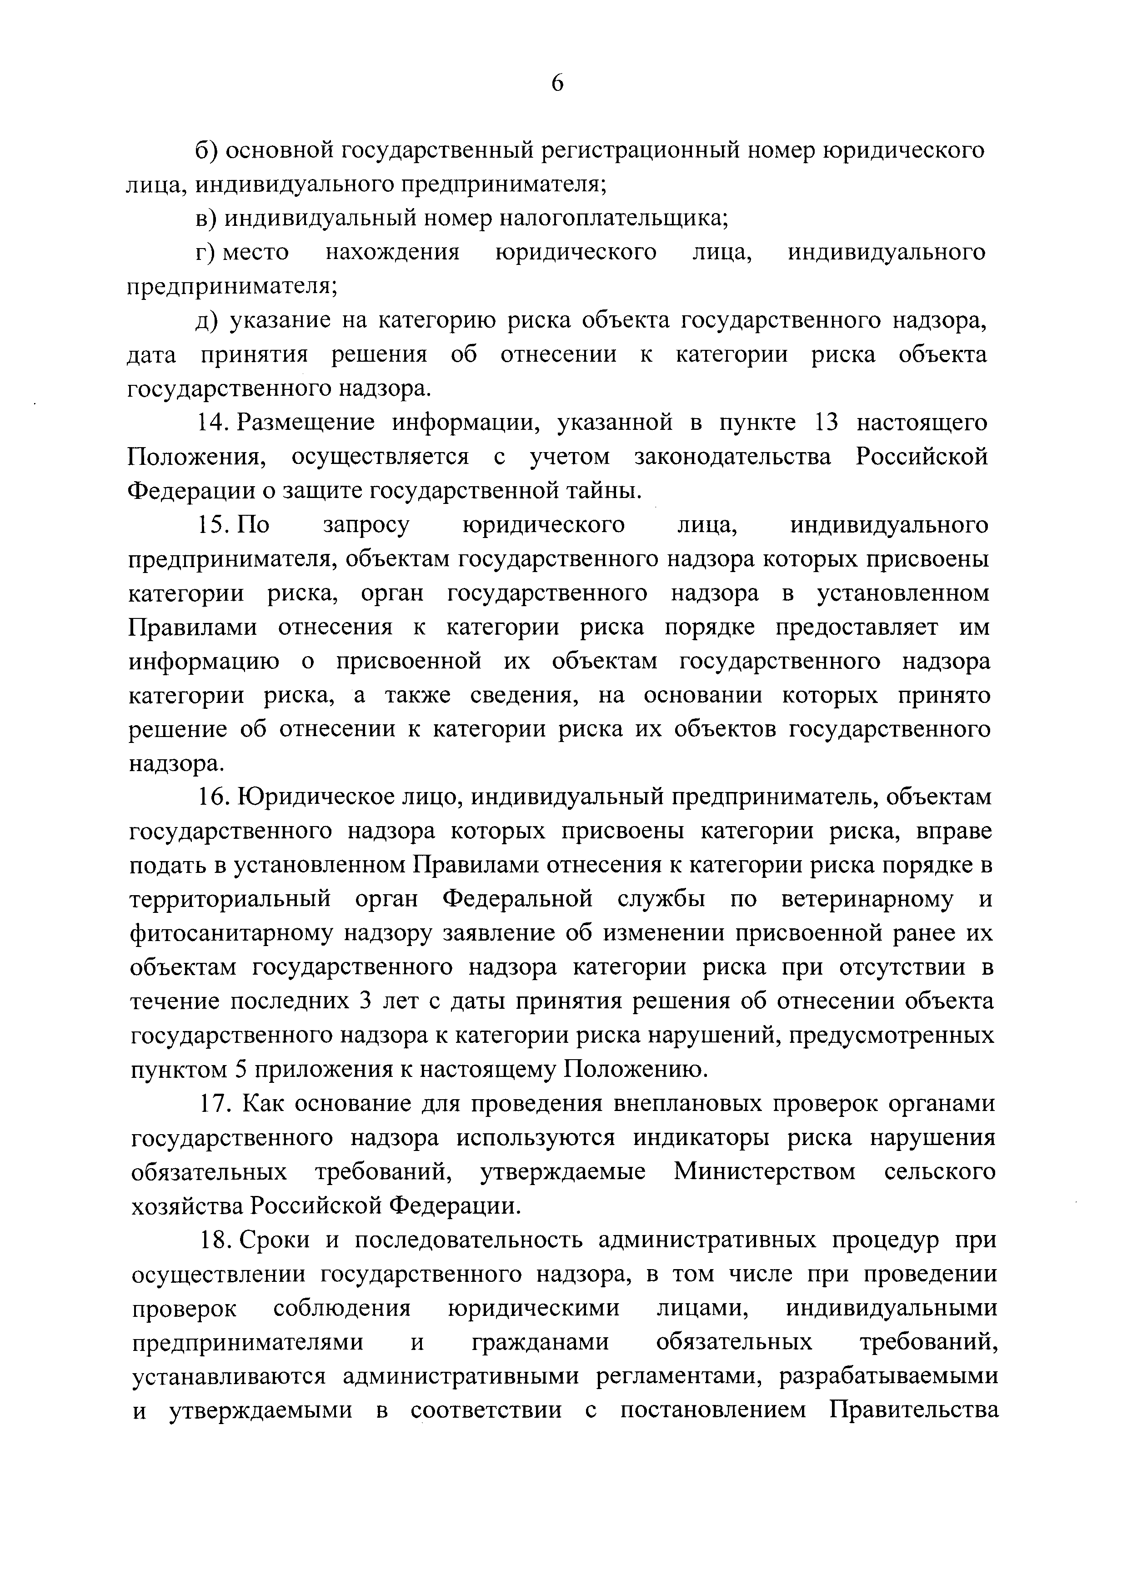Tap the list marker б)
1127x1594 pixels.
[x=206, y=151]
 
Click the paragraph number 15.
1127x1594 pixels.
[x=212, y=525]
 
